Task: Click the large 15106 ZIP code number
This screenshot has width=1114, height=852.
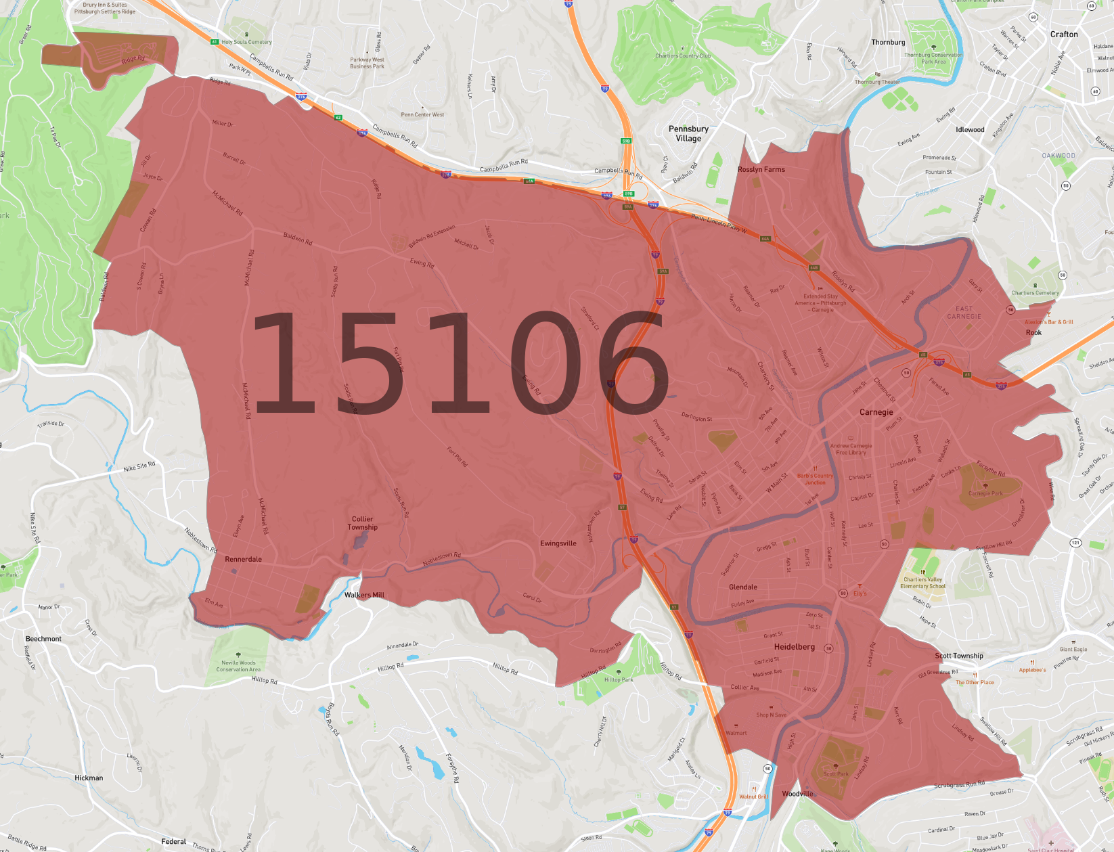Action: coord(460,363)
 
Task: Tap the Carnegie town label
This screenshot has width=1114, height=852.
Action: coord(876,412)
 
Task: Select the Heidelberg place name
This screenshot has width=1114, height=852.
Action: coord(794,647)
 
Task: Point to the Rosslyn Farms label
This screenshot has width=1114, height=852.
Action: coord(761,170)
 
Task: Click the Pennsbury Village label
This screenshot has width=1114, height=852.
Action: coord(688,133)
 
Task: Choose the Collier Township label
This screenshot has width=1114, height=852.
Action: coord(363,523)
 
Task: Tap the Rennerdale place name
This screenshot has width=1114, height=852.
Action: coord(243,560)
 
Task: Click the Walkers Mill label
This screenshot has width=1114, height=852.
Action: coord(364,596)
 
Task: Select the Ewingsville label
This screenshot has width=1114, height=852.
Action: coord(558,543)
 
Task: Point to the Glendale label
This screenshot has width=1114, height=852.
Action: coord(743,587)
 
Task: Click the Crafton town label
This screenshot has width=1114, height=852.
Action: coord(1064,35)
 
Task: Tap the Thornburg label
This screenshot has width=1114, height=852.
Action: coord(888,43)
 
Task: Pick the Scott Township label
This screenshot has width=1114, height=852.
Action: coord(959,656)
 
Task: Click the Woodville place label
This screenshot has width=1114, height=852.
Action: coord(797,794)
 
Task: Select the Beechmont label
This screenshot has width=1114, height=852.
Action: coord(43,639)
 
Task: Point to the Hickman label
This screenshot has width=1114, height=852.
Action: coord(89,778)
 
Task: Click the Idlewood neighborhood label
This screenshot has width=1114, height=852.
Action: coord(970,130)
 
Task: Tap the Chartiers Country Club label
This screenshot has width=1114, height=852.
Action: coord(683,56)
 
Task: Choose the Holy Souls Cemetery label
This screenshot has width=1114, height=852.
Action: coord(246,42)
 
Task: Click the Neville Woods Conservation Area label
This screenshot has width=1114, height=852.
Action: coord(238,666)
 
